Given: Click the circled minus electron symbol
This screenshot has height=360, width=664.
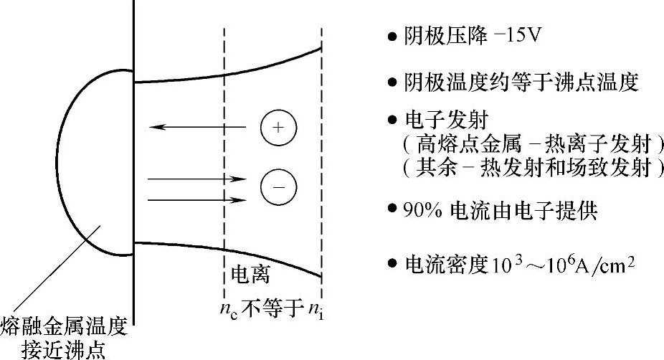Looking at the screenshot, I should [278, 186].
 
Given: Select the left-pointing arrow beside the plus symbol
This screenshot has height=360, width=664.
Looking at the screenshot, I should [198, 128].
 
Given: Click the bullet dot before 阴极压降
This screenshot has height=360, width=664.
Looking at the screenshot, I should [392, 37].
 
